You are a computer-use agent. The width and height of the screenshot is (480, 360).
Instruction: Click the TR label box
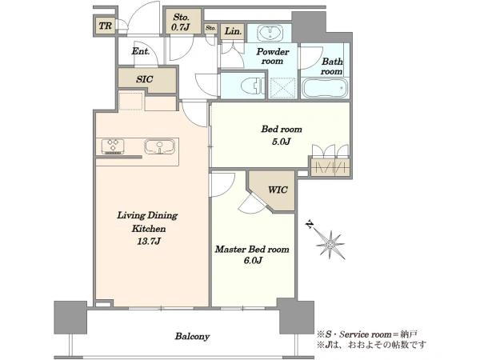click(106, 26)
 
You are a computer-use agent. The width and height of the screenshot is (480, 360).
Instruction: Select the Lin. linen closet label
click(233, 31)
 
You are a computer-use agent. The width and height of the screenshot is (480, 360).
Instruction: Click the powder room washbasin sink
click(270, 33)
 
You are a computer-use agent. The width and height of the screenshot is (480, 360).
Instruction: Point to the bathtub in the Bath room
click(325, 88)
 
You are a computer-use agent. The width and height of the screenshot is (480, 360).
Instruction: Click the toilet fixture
click(253, 86)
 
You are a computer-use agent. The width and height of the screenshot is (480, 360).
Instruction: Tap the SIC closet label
click(145, 79)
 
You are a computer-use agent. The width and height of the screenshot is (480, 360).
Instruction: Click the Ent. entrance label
click(141, 51)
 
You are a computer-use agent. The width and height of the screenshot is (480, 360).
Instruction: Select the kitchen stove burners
click(113, 146)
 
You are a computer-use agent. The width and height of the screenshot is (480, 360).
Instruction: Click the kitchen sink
click(159, 146)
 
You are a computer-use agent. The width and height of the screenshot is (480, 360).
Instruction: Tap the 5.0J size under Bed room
click(281, 141)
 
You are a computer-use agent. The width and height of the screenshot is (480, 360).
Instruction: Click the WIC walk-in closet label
click(278, 190)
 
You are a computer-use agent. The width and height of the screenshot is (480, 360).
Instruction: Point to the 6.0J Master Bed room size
click(253, 261)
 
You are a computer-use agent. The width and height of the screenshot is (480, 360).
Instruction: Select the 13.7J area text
click(149, 242)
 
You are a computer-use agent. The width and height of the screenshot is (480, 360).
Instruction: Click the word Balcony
click(192, 337)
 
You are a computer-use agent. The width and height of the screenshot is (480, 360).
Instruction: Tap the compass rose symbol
click(330, 243)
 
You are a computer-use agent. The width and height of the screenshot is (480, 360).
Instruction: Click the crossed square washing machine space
click(283, 88)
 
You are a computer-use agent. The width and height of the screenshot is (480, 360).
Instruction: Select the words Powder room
click(273, 56)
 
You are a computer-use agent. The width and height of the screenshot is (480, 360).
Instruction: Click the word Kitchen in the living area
click(149, 229)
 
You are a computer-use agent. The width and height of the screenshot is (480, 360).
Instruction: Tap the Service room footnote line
click(367, 334)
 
